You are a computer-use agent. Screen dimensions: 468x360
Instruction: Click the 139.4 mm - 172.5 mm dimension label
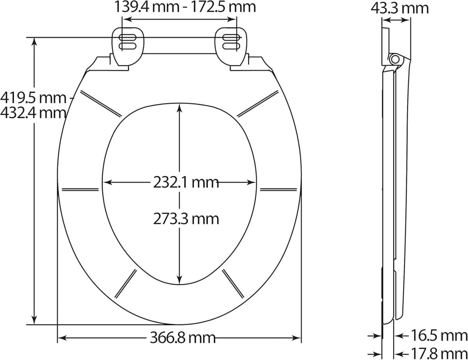click(x=185, y=7)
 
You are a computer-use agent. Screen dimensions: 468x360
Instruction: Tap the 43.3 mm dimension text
click(x=400, y=9)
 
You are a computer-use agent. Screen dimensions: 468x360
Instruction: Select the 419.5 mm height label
click(x=34, y=98)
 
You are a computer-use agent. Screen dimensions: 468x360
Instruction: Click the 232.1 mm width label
click(x=186, y=183)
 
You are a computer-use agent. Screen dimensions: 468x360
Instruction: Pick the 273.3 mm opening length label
click(x=186, y=219)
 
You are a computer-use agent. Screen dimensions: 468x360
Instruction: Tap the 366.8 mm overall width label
click(x=183, y=338)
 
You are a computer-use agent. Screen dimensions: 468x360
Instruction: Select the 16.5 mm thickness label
click(x=439, y=335)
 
